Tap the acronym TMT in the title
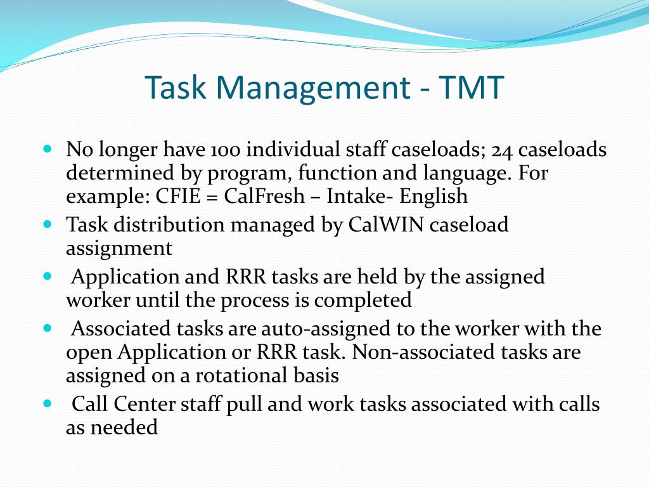(x=470, y=87)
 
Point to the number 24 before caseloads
(x=502, y=150)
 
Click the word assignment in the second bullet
(x=119, y=248)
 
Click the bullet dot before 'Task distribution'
(x=48, y=225)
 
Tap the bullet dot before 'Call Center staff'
(x=48, y=404)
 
